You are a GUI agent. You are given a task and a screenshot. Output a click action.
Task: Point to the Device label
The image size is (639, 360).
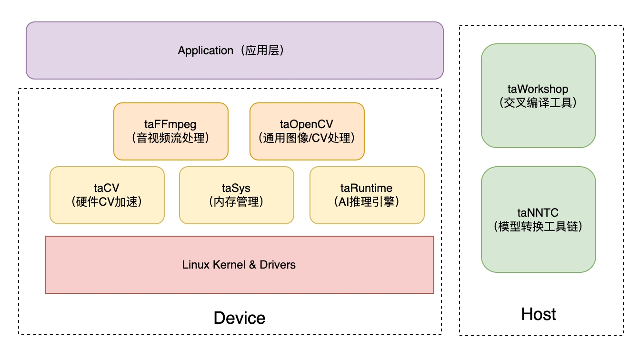(x=239, y=318)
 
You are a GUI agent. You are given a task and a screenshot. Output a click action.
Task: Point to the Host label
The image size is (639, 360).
(x=539, y=314)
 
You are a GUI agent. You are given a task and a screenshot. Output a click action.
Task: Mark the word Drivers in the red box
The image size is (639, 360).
(x=278, y=265)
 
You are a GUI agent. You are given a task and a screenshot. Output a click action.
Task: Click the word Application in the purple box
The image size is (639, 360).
(x=206, y=50)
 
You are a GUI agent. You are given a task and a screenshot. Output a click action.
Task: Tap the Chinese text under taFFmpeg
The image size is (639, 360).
(x=170, y=138)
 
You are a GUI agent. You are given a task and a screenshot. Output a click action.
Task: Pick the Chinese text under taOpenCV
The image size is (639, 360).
(x=307, y=138)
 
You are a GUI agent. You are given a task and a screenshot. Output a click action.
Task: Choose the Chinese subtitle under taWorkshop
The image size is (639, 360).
(x=538, y=102)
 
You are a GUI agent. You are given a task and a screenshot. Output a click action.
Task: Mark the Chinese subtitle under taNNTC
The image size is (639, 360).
(x=538, y=226)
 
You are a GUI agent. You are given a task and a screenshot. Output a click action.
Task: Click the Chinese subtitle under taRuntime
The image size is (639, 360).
(x=367, y=201)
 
